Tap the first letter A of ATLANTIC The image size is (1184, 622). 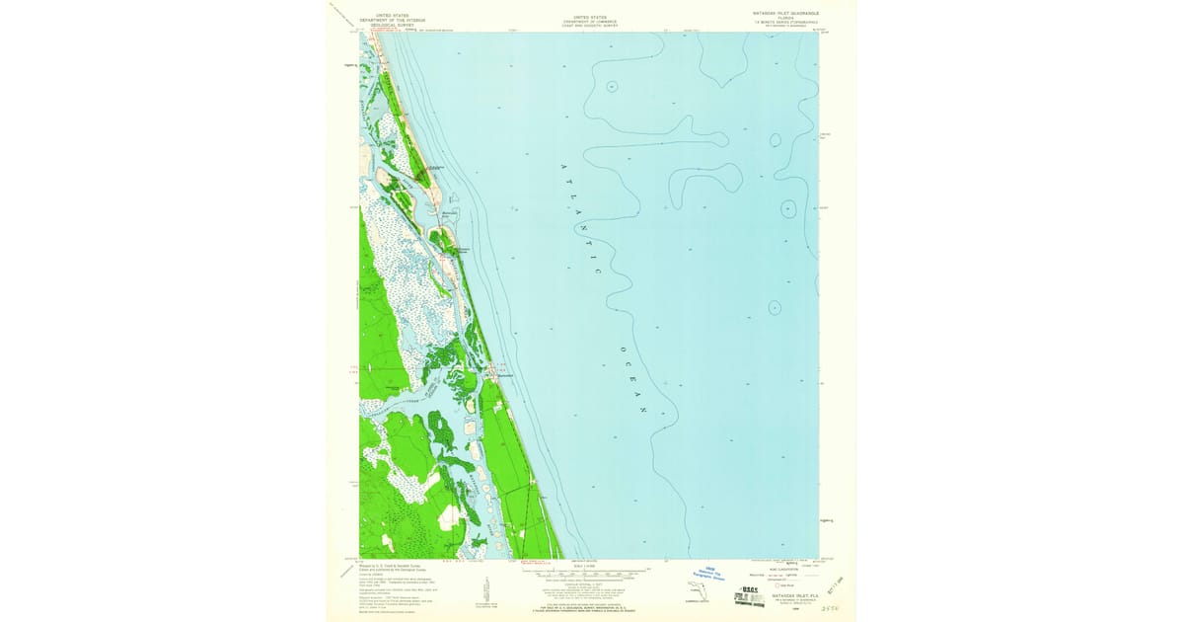click(x=565, y=166)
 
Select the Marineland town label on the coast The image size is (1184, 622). click(x=504, y=375)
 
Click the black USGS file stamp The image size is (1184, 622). click(x=751, y=591)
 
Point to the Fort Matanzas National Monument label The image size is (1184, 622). click(x=456, y=248)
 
